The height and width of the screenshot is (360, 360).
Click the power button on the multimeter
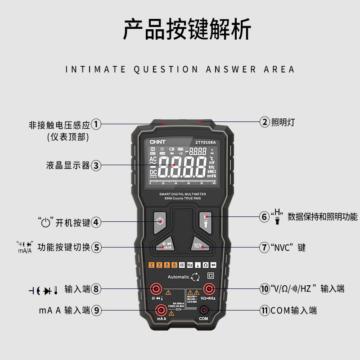point(158,221)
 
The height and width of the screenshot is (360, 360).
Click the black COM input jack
point(204,309)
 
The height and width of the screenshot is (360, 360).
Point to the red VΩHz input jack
point(208,288)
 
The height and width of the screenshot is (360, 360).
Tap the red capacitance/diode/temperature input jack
point(156,288)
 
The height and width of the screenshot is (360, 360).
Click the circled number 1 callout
point(96,125)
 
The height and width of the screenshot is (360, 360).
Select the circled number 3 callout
point(96,165)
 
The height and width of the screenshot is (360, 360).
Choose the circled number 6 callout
point(265,216)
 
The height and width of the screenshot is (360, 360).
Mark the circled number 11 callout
point(265,310)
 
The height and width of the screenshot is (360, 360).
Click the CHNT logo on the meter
point(157,142)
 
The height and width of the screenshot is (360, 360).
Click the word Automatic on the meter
point(178,277)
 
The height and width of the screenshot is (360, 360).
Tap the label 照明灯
point(283,121)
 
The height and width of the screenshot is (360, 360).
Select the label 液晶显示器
point(67,165)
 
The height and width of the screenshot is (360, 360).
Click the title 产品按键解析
point(187,30)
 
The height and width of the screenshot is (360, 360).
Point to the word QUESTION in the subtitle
point(166,69)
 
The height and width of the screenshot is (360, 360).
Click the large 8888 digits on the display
point(183,168)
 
